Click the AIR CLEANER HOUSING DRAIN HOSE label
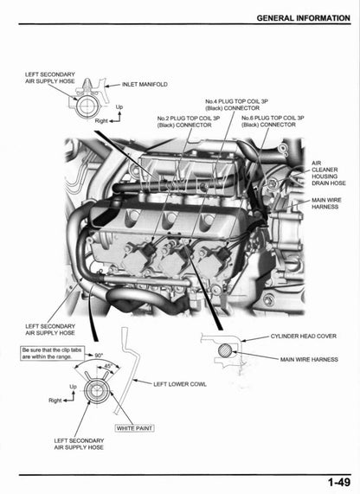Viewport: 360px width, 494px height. (328, 173)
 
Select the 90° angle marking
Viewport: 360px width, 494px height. (98, 356)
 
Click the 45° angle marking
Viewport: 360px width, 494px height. (106, 366)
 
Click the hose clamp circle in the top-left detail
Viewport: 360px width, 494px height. (88, 108)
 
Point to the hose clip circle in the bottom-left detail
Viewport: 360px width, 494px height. (101, 396)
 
